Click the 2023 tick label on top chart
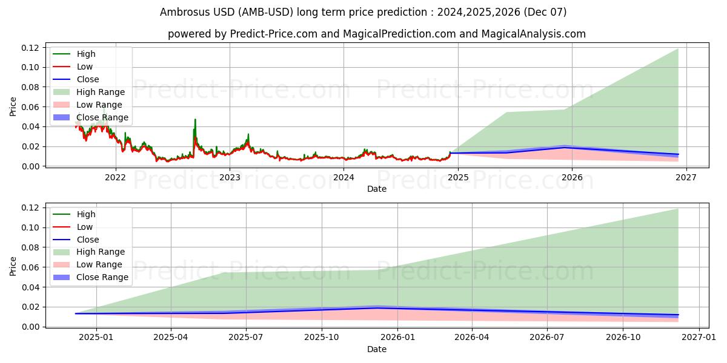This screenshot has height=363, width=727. pos(230,177)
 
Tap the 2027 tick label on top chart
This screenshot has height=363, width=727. pos(686,177)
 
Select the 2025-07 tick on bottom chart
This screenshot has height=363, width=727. pos(246,338)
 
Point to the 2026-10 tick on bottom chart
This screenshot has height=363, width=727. pos(623,338)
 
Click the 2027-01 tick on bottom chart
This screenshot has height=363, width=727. pos(699,338)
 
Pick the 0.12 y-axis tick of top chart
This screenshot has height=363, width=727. pos(31,48)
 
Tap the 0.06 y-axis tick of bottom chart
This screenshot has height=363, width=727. pos(31,267)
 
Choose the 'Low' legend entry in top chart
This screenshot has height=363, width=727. pos(85,67)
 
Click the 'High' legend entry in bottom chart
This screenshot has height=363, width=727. pos(86,214)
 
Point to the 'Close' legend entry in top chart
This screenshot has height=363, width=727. pos(88,79)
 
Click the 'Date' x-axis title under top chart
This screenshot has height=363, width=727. pos(377,189)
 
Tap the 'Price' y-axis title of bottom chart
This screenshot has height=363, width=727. pos(13,266)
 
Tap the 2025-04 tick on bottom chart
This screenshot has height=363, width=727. pos(171,338)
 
